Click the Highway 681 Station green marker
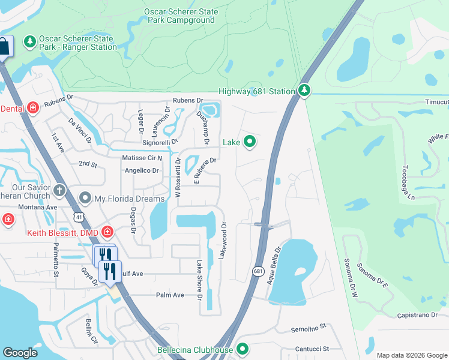[305, 91]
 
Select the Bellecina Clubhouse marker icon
[243, 349]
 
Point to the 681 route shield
[258, 271]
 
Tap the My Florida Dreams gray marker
[85, 198]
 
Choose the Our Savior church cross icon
[59, 191]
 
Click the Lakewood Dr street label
[224, 241]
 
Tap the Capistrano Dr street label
[423, 316]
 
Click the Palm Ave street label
[170, 295]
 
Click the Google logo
[20, 353]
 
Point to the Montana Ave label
[37, 207]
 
